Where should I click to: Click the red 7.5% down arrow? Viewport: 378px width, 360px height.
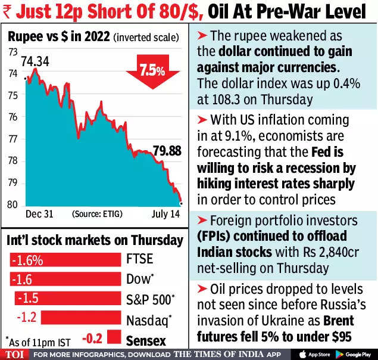tap(152, 70)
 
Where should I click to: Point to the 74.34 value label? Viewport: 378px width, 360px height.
tap(35, 61)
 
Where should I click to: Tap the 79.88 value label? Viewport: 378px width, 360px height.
tap(167, 151)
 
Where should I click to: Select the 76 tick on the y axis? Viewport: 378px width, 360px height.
tap(13, 117)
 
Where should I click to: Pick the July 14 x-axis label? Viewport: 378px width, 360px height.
tap(165, 213)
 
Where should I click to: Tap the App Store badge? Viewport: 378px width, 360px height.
tap(315, 354)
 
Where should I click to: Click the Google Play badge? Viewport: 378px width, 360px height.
tap(354, 354)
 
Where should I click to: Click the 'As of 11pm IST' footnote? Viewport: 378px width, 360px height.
tap(35, 341)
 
